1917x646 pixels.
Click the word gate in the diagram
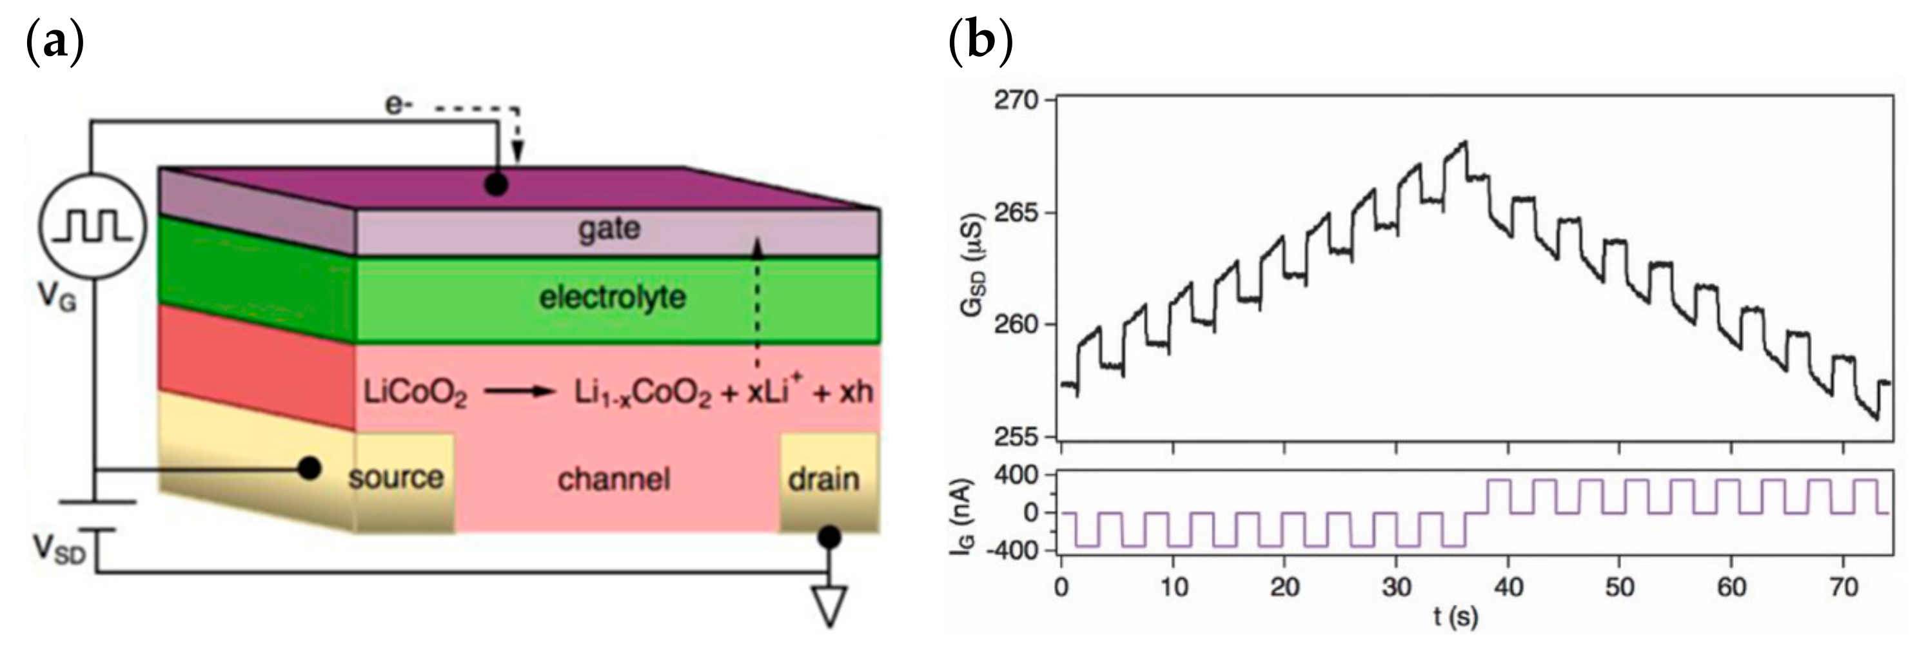point(609,228)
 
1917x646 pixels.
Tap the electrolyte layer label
point(612,298)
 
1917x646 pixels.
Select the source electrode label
point(395,477)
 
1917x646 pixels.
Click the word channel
point(613,479)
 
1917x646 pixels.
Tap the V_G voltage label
point(57,299)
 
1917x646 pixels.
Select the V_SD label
point(59,550)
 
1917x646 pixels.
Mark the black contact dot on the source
point(310,468)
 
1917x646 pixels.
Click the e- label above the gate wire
point(396,106)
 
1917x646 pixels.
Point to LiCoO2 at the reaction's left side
point(415,393)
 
